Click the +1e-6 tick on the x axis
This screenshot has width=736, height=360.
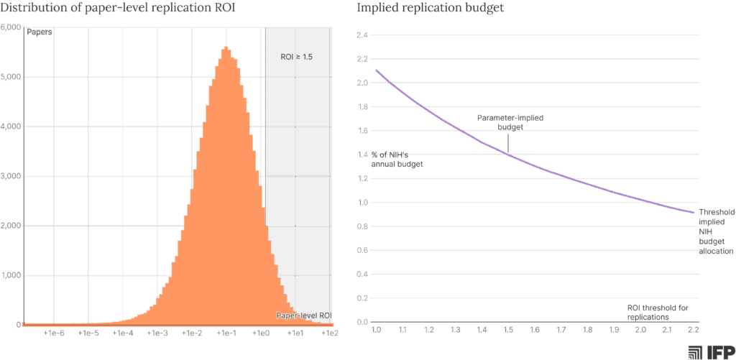tap(54, 333)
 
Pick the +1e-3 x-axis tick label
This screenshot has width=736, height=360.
tap(157, 333)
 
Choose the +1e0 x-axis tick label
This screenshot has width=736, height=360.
tap(261, 333)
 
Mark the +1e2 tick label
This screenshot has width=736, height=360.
tap(329, 333)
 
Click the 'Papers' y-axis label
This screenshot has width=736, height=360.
tap(40, 32)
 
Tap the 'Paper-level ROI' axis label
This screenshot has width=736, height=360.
tap(304, 315)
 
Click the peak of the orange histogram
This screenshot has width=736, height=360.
tap(226, 47)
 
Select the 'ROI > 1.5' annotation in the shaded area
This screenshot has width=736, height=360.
tap(296, 56)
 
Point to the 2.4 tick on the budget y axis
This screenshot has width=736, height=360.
tap(362, 35)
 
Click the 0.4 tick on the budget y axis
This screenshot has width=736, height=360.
tap(362, 274)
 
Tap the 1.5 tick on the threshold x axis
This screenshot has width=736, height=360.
tap(508, 330)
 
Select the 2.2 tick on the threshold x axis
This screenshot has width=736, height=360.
tap(693, 330)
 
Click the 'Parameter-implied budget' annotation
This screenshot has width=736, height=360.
tap(510, 122)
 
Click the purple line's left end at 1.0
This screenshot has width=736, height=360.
tap(376, 70)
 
